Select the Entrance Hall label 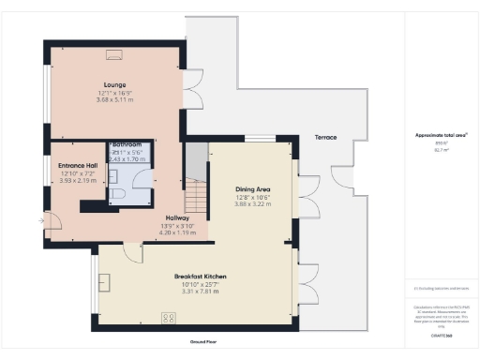pos(67,166)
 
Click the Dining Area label pos(252,189)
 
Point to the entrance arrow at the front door pos(40,221)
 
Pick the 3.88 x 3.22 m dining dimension pos(252,203)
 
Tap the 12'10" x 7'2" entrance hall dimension pos(67,173)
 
